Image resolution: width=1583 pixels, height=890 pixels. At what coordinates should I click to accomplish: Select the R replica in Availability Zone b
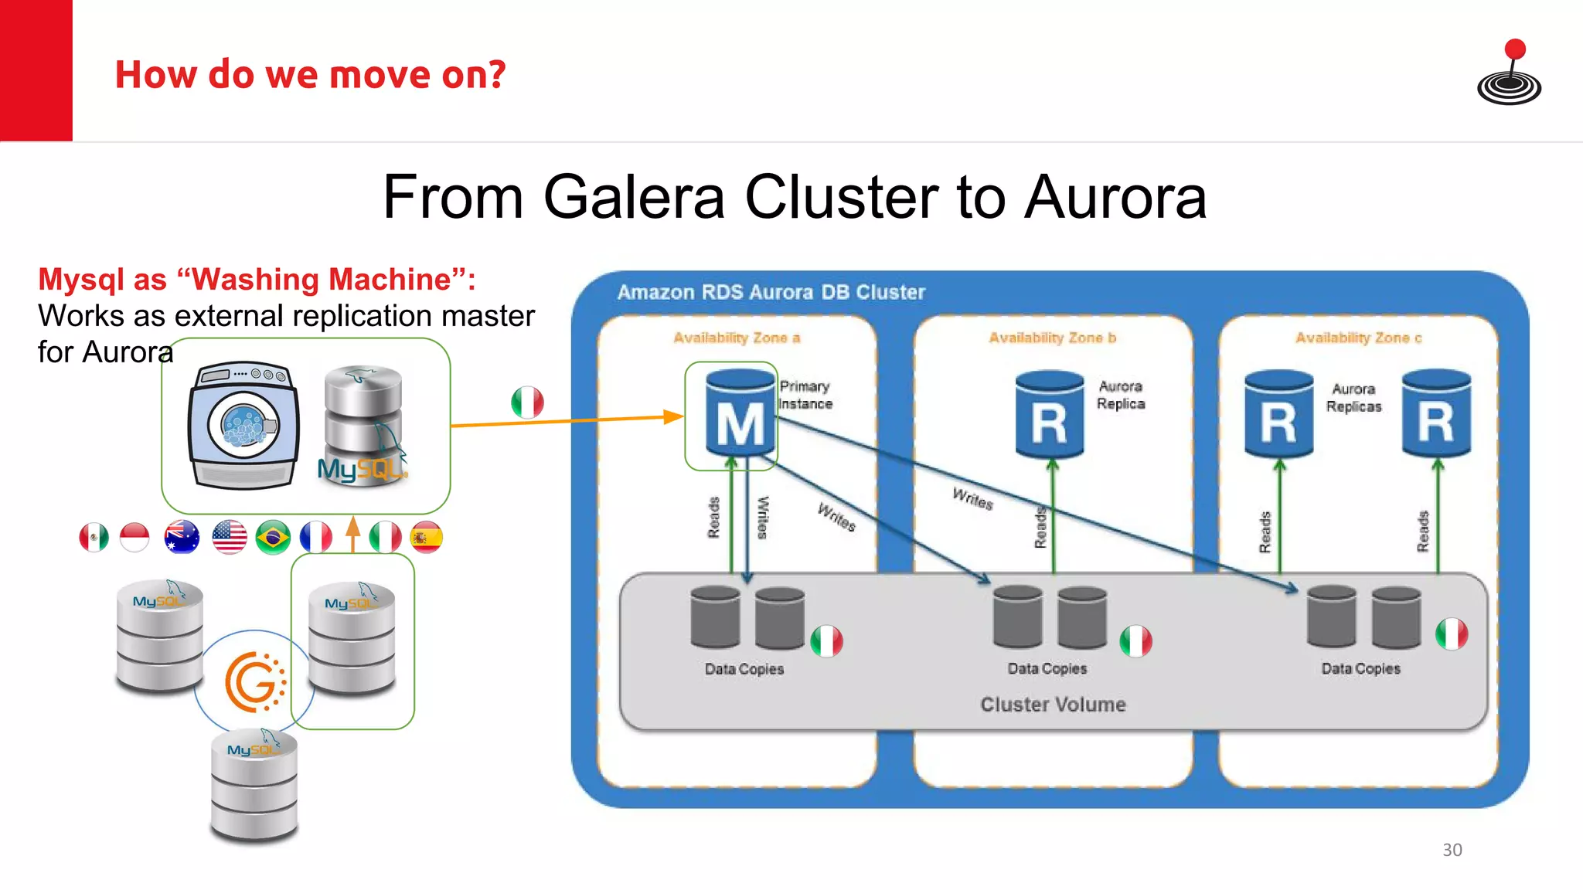point(1049,415)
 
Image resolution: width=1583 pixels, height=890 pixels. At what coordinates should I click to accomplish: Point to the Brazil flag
point(273,538)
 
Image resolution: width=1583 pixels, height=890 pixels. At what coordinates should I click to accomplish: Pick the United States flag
point(230,538)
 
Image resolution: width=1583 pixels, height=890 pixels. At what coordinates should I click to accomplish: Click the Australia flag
point(182,538)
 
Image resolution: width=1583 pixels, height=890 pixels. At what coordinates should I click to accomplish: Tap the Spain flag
point(426,538)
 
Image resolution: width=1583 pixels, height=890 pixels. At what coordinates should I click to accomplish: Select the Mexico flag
point(94,538)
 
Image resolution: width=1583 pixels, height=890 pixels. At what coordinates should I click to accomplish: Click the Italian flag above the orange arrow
point(527,403)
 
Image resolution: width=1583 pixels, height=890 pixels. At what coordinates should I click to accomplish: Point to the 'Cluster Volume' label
point(1053,705)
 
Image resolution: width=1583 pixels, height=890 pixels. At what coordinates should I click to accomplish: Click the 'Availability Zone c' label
point(1358,338)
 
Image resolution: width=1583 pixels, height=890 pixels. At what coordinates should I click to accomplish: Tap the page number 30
point(1452,850)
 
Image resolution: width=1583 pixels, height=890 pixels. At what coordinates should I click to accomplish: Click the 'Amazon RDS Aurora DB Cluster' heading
point(771,292)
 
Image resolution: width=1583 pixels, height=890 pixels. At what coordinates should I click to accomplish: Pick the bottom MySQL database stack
point(254,786)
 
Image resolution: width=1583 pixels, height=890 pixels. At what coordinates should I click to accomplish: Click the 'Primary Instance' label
point(805,395)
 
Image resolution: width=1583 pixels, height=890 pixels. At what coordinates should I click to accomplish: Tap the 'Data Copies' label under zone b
point(1047,668)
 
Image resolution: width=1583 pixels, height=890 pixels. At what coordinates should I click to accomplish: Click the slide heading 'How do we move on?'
point(310,75)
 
